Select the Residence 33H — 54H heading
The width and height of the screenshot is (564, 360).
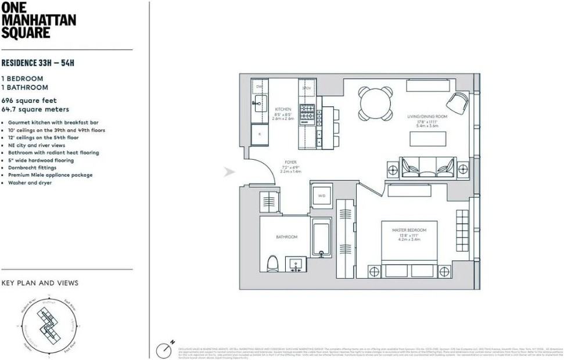point(38,63)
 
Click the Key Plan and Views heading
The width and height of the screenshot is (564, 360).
point(39,283)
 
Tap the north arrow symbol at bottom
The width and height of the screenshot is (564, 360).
point(164,350)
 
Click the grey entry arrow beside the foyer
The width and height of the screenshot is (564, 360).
point(230,172)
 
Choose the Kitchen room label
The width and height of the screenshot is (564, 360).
point(283,110)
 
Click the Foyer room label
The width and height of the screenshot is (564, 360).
point(290,163)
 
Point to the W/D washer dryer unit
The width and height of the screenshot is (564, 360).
point(321,196)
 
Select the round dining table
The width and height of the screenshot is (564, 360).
point(375,103)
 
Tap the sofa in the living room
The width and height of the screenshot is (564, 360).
point(428,168)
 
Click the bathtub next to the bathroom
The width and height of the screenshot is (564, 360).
point(321,238)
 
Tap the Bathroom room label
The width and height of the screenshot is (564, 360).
point(286,237)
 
